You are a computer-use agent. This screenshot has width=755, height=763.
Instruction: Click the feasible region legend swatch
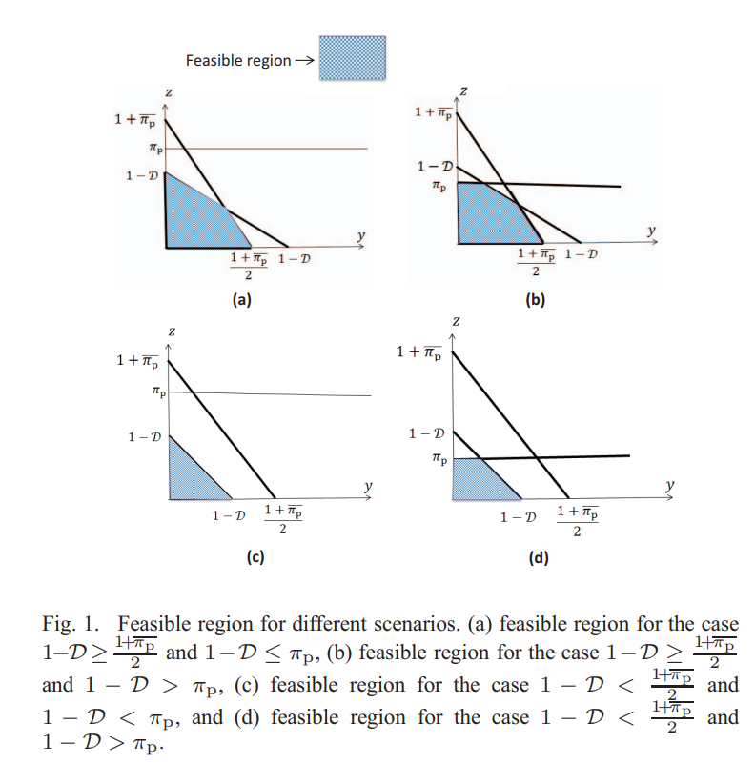(x=352, y=59)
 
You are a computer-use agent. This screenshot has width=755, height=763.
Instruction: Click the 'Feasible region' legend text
(x=238, y=60)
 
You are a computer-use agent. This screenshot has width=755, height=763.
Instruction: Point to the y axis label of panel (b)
(x=652, y=230)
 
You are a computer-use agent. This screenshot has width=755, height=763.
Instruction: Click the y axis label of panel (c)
(x=367, y=486)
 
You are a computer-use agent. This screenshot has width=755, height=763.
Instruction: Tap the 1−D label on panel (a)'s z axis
(x=142, y=176)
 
